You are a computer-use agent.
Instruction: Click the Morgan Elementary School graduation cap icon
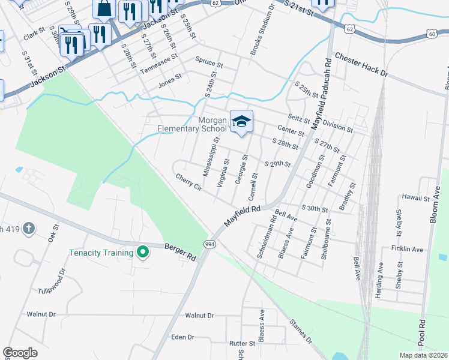[x=241, y=121]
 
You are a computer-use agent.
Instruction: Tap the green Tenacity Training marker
[x=142, y=253]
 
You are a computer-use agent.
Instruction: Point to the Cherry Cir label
[x=189, y=182]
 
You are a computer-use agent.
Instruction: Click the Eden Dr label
[x=182, y=337]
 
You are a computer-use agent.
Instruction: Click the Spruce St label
[x=209, y=60]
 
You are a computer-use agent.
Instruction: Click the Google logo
[x=20, y=352]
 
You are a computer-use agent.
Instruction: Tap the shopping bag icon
[x=104, y=8]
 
